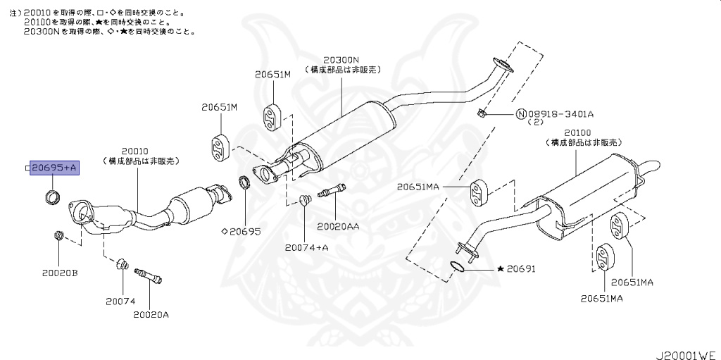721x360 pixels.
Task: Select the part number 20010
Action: (x=134, y=151)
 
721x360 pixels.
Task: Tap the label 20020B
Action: (x=58, y=272)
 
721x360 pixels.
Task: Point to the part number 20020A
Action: (x=151, y=314)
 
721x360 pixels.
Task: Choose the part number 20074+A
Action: (x=307, y=247)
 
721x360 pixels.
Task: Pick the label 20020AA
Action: (x=338, y=226)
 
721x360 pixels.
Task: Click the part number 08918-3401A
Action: (x=560, y=113)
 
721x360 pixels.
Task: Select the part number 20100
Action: (x=577, y=132)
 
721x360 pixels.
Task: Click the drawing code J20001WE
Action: (x=687, y=350)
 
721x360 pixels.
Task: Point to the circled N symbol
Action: (x=520, y=113)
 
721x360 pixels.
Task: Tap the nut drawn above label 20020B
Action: (x=58, y=235)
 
